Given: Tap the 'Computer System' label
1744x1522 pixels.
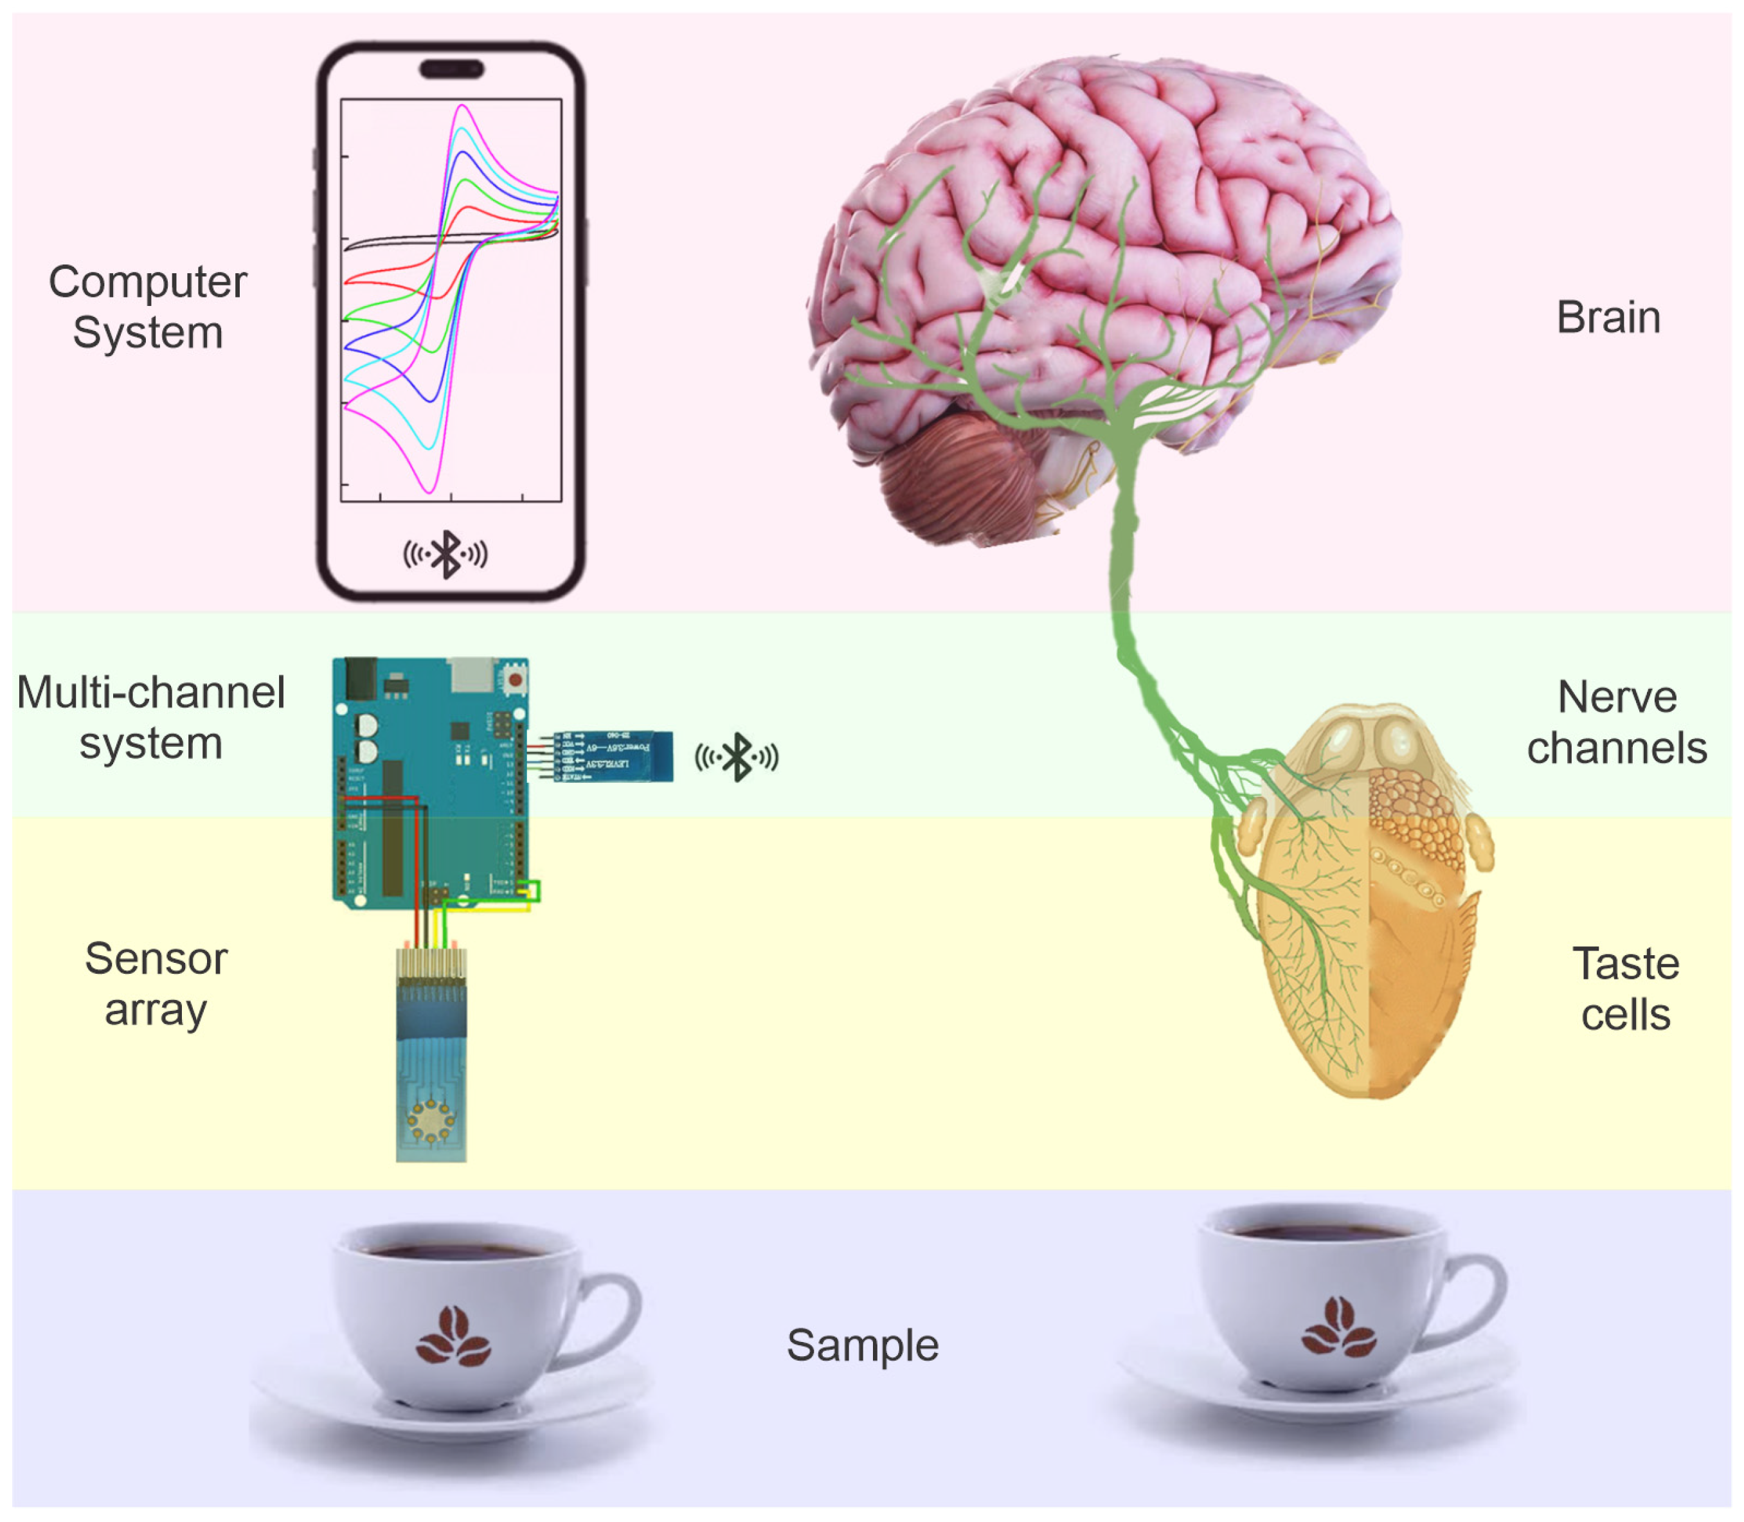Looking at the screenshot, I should (x=148, y=307).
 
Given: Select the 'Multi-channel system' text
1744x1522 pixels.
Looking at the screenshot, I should (x=151, y=718).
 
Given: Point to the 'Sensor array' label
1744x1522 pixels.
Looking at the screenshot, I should (x=156, y=985).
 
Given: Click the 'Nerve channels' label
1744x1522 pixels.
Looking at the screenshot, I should (x=1617, y=723).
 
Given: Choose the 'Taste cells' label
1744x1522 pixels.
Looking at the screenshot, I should (x=1625, y=989).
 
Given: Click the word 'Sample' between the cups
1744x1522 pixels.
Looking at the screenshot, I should (x=862, y=1345).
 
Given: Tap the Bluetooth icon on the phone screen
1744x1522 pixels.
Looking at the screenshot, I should (x=445, y=555).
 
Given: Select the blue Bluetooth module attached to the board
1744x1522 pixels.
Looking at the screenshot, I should (x=613, y=756).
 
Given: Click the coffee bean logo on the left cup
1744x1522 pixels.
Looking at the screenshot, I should (x=453, y=1339).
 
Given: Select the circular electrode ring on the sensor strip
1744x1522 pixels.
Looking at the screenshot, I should (x=431, y=1121).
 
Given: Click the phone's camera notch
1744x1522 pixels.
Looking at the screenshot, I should (x=451, y=69).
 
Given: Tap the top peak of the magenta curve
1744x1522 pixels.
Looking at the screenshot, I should (x=462, y=106).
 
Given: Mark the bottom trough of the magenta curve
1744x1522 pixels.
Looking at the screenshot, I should (x=430, y=492).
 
